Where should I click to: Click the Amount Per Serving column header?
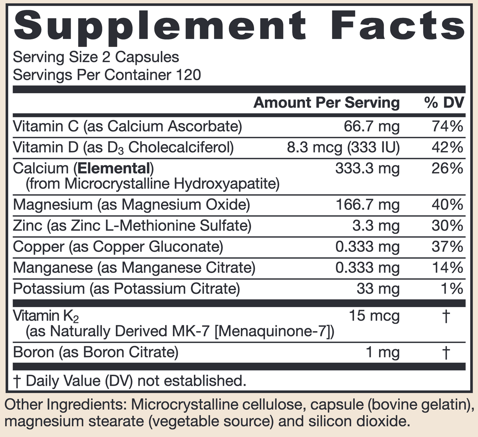point(326,103)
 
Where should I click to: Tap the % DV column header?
point(444,103)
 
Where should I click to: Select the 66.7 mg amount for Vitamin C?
point(371,127)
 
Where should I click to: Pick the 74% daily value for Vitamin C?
point(447,127)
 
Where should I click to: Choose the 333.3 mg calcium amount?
point(367,169)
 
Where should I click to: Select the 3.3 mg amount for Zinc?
point(376,226)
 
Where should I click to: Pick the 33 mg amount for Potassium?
point(378,289)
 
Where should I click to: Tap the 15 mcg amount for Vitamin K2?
point(374,316)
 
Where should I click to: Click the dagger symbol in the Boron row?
point(446,352)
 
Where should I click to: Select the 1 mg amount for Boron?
point(382,352)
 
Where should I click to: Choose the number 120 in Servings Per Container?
point(189,75)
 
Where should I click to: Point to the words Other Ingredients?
point(65,405)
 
